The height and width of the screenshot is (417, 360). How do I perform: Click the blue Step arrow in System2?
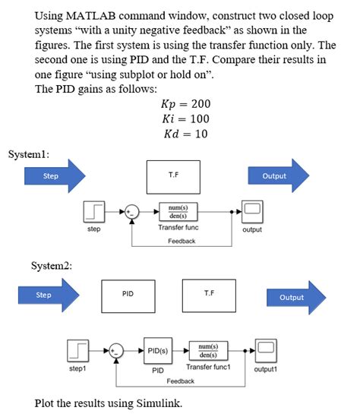[x=49, y=295]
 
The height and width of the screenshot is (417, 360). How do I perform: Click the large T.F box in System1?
[x=172, y=176]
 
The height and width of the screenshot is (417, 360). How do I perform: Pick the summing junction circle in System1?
[x=132, y=212]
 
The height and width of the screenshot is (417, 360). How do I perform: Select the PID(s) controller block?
[x=158, y=351]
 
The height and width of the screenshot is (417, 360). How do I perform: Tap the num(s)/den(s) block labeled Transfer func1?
[x=208, y=351]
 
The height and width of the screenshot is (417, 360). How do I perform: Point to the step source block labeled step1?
[x=77, y=352]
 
